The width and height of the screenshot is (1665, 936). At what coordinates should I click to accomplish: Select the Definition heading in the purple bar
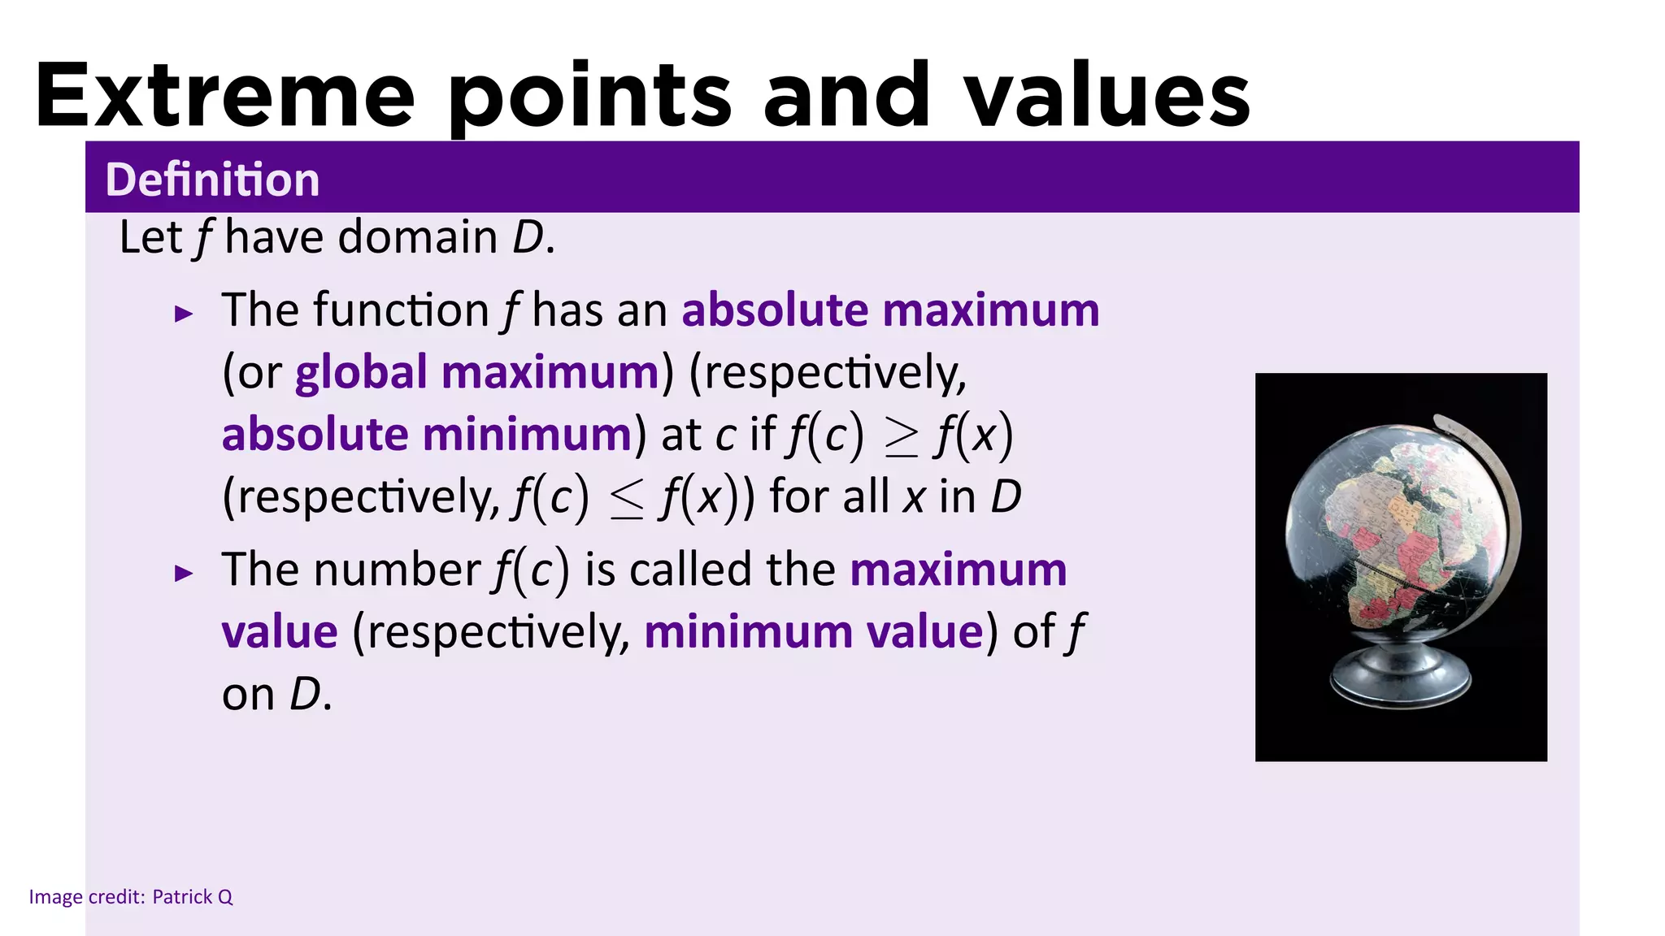[x=212, y=179]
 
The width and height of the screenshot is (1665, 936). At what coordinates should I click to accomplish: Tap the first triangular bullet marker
[x=185, y=314]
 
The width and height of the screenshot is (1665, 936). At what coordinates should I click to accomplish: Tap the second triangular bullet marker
[x=185, y=574]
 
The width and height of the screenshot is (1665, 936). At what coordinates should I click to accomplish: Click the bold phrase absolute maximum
[x=890, y=310]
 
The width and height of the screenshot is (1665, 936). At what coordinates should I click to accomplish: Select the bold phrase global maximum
[x=477, y=373]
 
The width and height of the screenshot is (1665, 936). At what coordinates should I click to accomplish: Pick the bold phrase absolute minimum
[x=427, y=435]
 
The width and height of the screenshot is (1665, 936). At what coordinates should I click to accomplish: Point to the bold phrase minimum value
[x=814, y=632]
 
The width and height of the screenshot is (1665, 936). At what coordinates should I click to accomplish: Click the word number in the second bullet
[x=398, y=570]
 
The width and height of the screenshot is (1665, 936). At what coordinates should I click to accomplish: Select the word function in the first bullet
[x=401, y=310]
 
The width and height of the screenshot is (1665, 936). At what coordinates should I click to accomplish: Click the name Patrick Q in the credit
[x=193, y=897]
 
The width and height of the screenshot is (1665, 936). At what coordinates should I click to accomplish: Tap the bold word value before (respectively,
[x=280, y=632]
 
